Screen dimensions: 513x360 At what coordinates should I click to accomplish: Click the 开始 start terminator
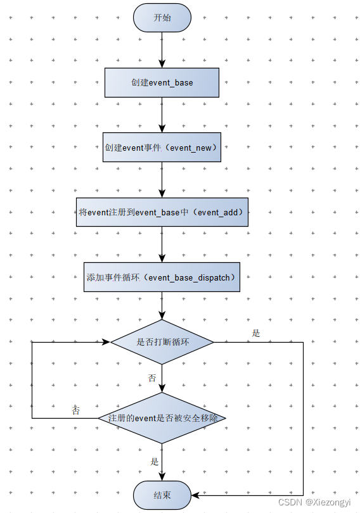pyautogui.click(x=162, y=18)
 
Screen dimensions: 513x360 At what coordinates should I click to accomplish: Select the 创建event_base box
pyautogui.click(x=162, y=83)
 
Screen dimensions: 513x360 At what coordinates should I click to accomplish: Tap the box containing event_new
pyautogui.click(x=162, y=147)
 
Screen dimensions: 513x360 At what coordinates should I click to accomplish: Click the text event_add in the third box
pyautogui.click(x=220, y=212)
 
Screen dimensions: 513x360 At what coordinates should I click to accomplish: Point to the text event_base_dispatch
pyautogui.click(x=191, y=277)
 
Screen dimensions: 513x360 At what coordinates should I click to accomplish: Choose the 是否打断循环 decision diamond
pyautogui.click(x=162, y=342)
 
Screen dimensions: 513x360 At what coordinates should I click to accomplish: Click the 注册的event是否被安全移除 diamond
pyautogui.click(x=162, y=418)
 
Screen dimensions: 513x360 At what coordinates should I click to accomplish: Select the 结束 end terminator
pyautogui.click(x=162, y=494)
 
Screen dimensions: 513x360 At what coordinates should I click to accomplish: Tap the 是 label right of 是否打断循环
pyautogui.click(x=255, y=333)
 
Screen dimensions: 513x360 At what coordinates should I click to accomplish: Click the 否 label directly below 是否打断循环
pyautogui.click(x=152, y=378)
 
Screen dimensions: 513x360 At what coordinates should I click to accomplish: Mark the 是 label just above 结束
pyautogui.click(x=154, y=462)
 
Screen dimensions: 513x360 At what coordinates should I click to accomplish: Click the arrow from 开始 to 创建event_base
pyautogui.click(x=162, y=51)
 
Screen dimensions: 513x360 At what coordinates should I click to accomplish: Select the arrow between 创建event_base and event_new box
pyautogui.click(x=162, y=115)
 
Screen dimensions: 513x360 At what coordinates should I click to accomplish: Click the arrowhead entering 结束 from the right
pyautogui.click(x=195, y=494)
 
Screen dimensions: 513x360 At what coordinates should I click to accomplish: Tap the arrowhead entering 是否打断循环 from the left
pyautogui.click(x=106, y=342)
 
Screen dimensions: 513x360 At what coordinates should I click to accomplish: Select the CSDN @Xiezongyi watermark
pyautogui.click(x=314, y=502)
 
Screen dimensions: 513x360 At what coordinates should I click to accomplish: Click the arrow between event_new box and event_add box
pyautogui.click(x=162, y=179)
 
